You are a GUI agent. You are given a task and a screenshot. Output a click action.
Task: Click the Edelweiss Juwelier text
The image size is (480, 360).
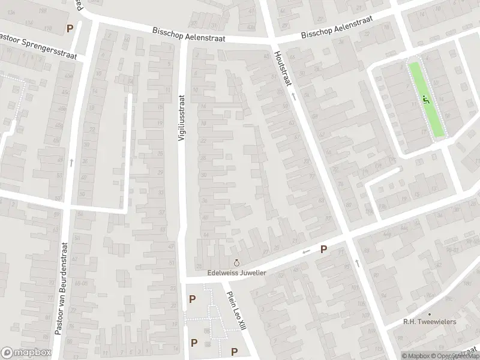coord(236,272)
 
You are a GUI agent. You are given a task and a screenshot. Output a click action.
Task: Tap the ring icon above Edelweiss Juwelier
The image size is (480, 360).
coord(236,263)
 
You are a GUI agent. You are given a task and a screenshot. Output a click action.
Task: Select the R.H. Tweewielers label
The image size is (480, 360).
coord(430,322)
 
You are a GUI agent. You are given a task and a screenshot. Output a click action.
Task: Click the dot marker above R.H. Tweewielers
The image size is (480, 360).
coord(430,314)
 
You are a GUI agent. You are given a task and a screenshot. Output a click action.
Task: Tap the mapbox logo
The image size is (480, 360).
coord(26,353)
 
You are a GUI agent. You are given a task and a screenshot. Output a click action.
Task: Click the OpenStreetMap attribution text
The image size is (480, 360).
coord(454,356)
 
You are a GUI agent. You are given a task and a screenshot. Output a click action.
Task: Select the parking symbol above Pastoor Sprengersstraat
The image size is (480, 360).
coord(70,28)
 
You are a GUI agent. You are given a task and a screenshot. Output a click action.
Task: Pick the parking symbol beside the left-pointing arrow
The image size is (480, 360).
coord(323,249)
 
